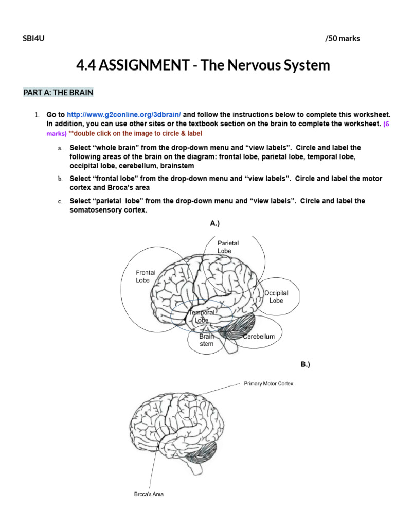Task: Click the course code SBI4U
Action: click(x=34, y=39)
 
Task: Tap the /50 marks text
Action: click(x=343, y=39)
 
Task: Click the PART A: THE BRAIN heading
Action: click(x=58, y=93)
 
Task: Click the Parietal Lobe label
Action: click(x=228, y=247)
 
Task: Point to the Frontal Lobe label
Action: click(x=145, y=276)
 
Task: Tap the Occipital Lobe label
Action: click(x=276, y=296)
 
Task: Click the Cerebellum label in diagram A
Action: click(x=259, y=337)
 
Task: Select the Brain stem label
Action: click(x=206, y=340)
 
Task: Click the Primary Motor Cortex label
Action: click(x=268, y=384)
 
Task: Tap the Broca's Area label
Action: click(x=149, y=495)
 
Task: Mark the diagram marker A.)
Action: click(x=215, y=223)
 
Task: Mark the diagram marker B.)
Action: click(x=306, y=364)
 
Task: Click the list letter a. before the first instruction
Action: click(x=60, y=148)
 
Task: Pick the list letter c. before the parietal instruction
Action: click(x=60, y=201)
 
